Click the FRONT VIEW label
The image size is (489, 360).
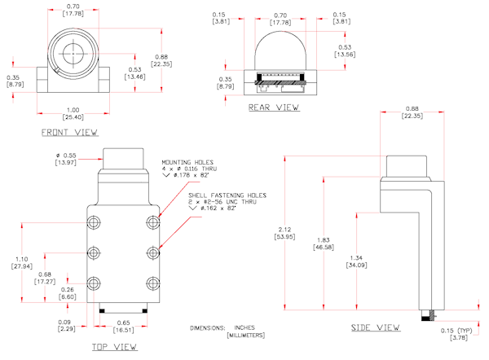point(69,131)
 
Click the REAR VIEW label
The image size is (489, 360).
point(273,108)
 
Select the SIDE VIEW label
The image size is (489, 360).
point(375,327)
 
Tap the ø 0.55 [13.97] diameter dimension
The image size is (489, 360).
point(65,160)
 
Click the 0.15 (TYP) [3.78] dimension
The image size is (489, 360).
point(465,333)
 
